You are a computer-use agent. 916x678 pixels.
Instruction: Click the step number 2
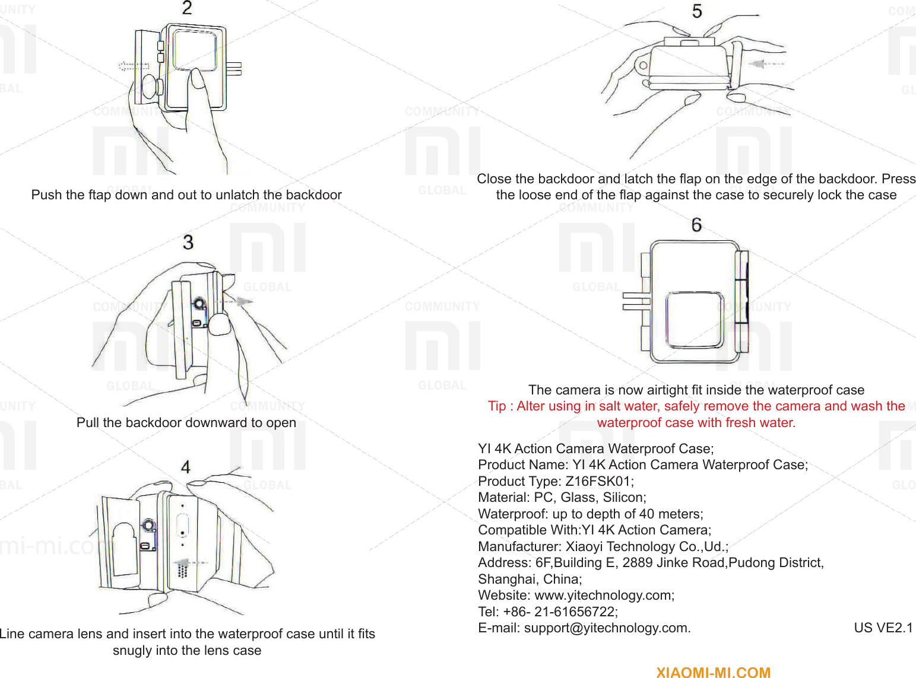click(187, 8)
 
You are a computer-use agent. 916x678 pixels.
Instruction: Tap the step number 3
click(188, 242)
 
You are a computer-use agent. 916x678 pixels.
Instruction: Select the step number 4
click(186, 467)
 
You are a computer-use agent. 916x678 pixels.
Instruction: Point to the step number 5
click(697, 11)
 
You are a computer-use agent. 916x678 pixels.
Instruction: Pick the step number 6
click(696, 225)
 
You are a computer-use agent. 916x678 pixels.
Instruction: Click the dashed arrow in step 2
click(133, 66)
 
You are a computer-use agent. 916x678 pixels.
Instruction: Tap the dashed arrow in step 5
click(766, 63)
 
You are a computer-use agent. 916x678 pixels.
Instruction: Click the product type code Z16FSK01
click(599, 481)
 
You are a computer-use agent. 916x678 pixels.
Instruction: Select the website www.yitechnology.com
click(604, 595)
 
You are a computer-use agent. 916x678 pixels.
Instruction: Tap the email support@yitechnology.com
click(607, 628)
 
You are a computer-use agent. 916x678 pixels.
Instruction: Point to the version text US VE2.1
click(883, 628)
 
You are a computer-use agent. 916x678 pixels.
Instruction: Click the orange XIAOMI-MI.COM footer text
click(713, 672)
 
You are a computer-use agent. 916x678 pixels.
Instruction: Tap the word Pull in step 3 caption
click(87, 422)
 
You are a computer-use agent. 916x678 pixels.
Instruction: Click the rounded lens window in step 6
click(694, 320)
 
